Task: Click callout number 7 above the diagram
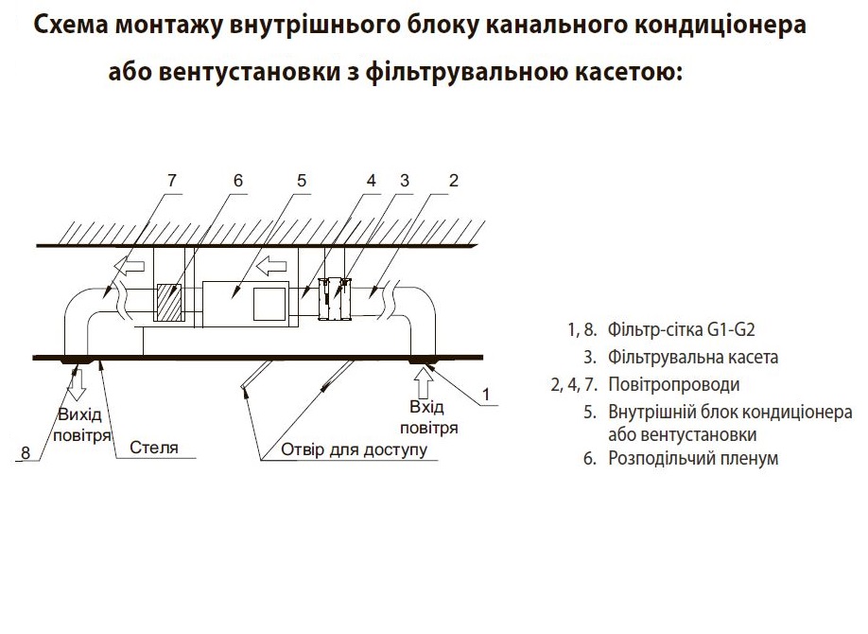171,180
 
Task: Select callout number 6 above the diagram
238,180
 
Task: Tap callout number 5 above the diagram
301,180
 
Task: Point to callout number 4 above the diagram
371,180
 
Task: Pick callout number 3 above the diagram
405,180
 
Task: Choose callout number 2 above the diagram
453,180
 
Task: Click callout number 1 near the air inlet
486,394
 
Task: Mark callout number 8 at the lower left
26,452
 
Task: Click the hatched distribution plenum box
170,303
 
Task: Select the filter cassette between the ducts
335,299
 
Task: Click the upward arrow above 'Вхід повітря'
424,383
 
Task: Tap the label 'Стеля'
154,448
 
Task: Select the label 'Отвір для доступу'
355,449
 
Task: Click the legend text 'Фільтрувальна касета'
693,357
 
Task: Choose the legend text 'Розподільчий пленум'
693,458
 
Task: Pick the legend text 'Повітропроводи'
674,384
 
